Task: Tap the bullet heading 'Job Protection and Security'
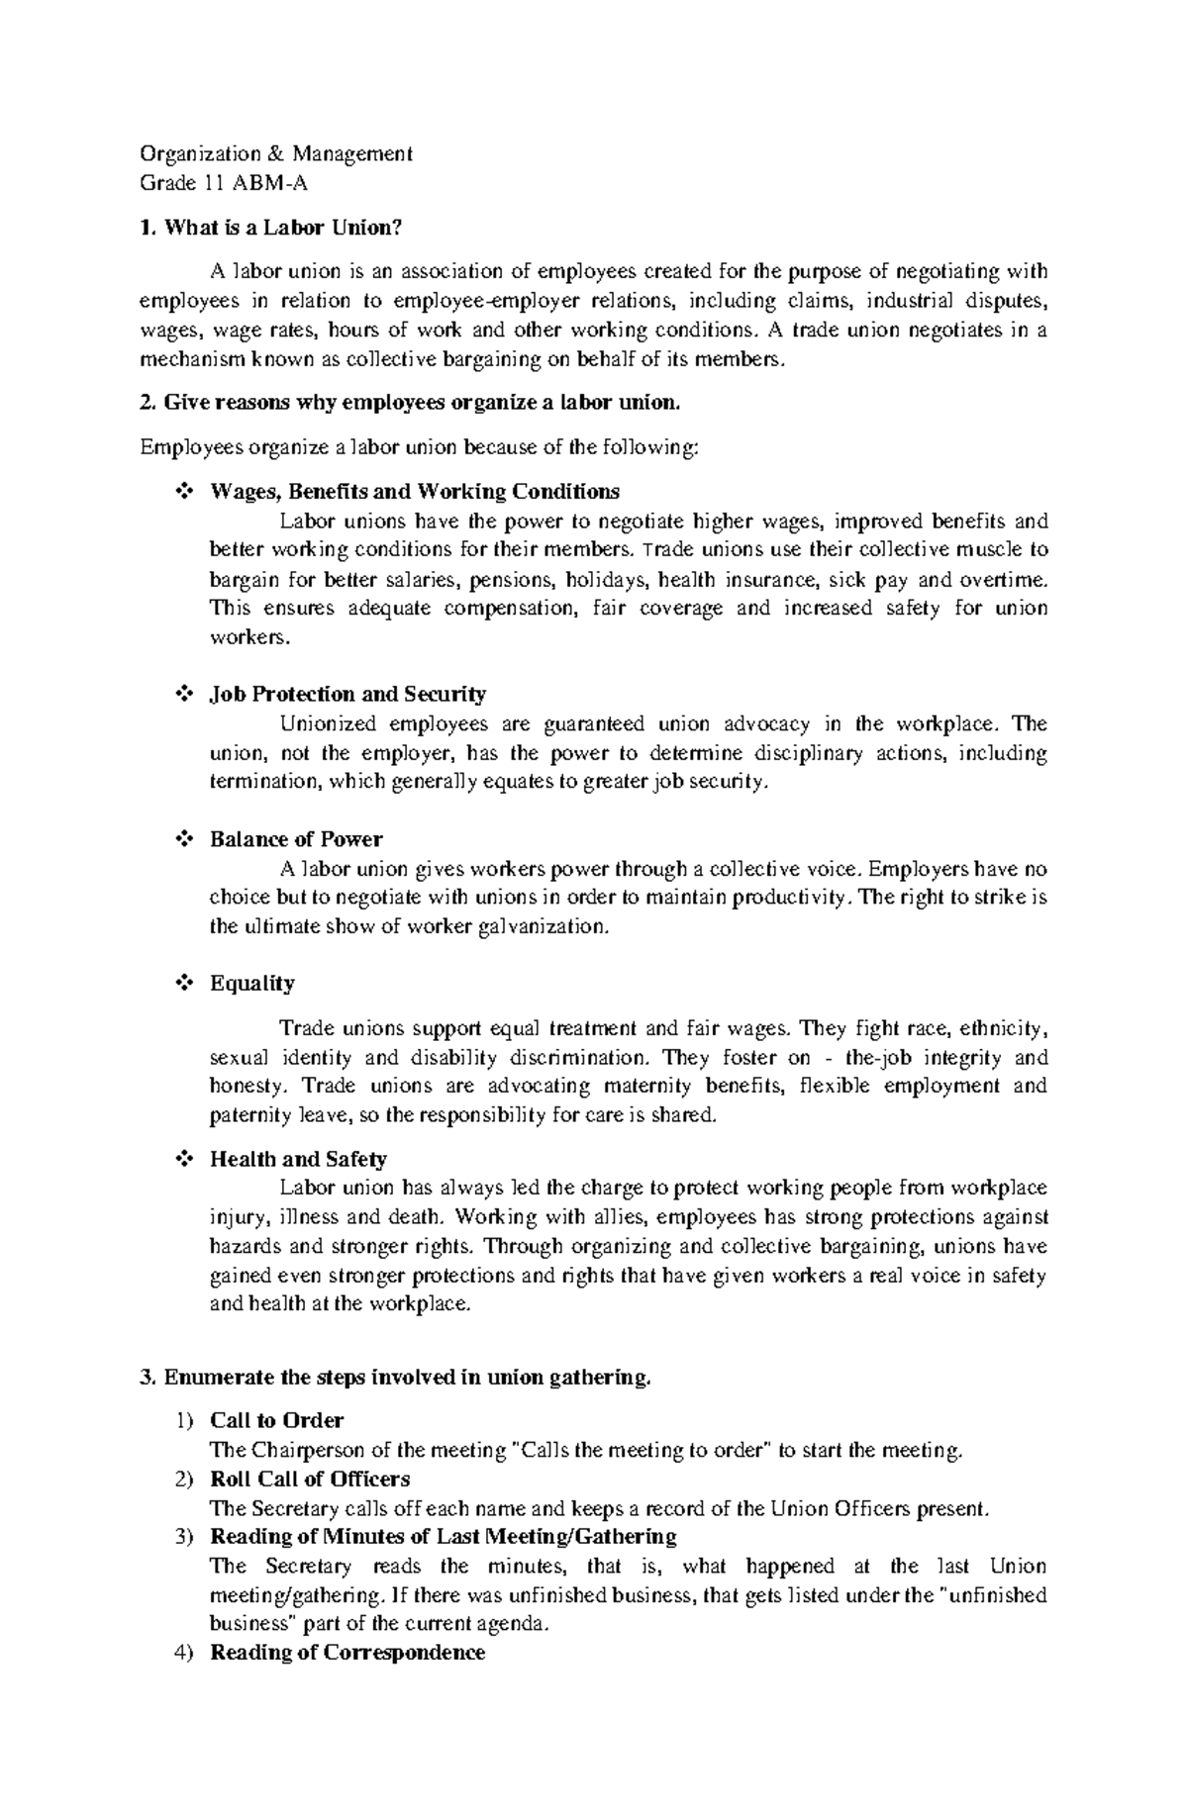[x=347, y=694]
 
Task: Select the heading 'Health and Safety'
[x=298, y=1159]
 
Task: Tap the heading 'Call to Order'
[x=276, y=1420]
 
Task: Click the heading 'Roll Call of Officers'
[x=310, y=1479]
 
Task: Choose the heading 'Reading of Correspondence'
[x=347, y=1653]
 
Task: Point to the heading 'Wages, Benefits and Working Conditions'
[x=415, y=492]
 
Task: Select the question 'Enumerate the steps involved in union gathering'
[x=407, y=1377]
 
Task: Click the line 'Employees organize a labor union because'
[x=420, y=447]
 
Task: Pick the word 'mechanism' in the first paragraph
[x=190, y=359]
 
